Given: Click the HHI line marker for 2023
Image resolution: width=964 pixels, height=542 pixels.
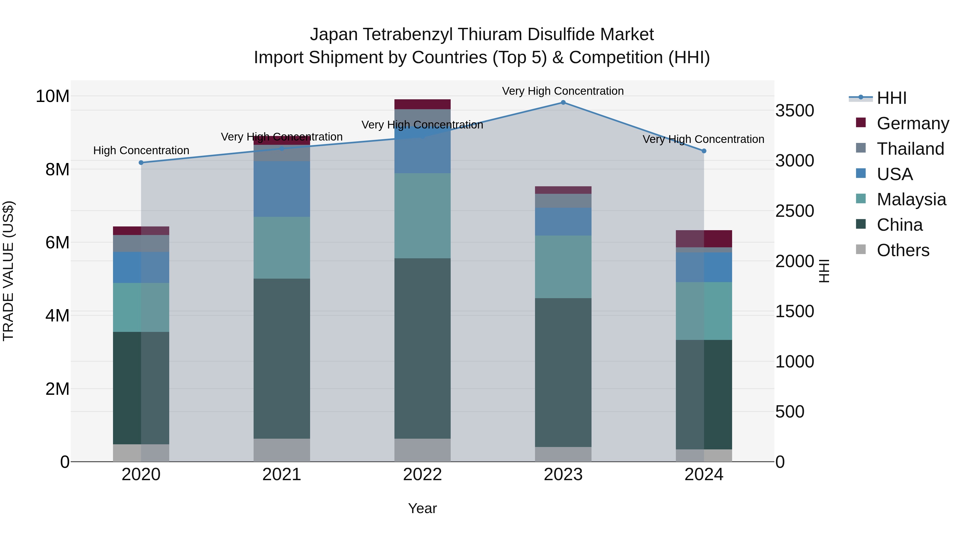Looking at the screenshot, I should click(563, 102).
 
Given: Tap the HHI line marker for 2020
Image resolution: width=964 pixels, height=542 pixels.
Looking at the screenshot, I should click(141, 162).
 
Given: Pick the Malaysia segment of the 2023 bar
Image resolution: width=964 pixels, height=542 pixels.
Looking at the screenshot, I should click(563, 266).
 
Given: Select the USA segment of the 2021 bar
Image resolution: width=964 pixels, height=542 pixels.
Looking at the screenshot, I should click(281, 189).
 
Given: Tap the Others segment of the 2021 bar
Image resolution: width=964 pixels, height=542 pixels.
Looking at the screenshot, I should click(281, 450).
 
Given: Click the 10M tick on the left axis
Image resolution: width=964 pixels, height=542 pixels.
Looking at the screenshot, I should click(52, 96).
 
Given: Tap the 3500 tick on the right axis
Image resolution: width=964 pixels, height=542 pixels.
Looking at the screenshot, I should click(794, 111).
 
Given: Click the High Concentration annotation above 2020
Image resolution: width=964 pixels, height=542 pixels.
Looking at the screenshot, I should click(141, 150).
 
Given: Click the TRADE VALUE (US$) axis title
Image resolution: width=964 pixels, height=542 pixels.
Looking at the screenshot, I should click(8, 271).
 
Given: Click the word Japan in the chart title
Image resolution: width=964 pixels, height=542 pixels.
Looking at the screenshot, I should click(334, 35).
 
